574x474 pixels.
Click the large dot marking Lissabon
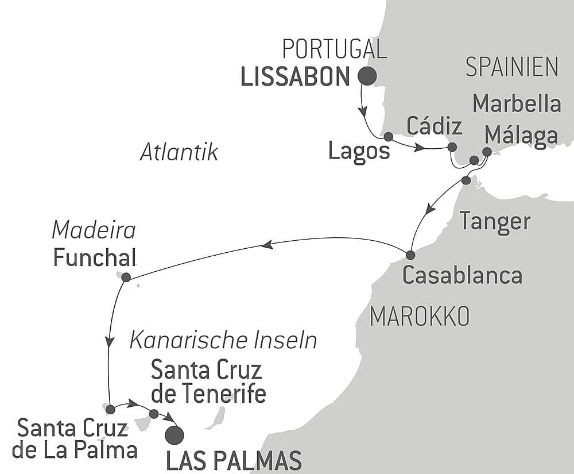(367, 76)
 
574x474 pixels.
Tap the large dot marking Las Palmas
(174, 436)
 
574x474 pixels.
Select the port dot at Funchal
(126, 277)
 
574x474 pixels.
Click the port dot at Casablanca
(410, 255)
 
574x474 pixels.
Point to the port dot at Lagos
(388, 137)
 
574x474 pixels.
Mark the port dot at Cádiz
(452, 147)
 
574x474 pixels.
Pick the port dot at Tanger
(466, 180)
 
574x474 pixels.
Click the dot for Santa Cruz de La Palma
(110, 410)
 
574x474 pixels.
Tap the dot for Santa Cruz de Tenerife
(153, 414)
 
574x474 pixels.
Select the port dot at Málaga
(487, 152)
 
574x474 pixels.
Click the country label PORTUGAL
(335, 49)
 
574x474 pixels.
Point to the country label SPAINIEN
(511, 67)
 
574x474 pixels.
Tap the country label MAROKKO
(420, 316)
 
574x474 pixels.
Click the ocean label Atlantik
(179, 153)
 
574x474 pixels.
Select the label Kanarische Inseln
(223, 341)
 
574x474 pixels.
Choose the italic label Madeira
(94, 230)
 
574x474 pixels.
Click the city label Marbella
(516, 104)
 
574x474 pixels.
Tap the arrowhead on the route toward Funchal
(266, 245)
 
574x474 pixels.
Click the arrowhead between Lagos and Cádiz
(420, 148)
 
